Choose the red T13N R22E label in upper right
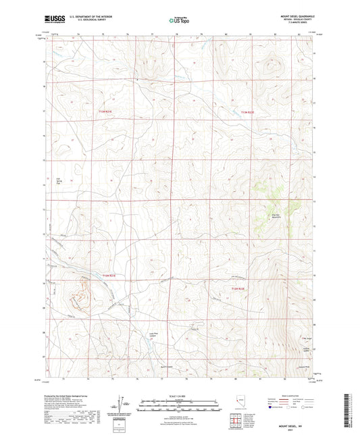coord(250,112)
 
